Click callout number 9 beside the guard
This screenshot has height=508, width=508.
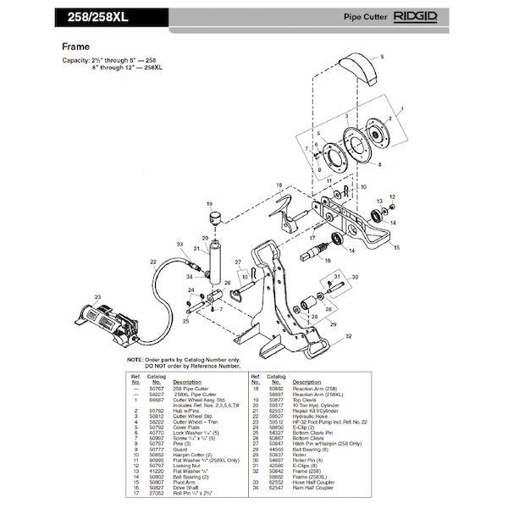382,55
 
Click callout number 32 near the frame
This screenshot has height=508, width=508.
349,335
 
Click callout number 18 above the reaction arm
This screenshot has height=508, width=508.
279,185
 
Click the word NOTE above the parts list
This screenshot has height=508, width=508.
135,360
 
